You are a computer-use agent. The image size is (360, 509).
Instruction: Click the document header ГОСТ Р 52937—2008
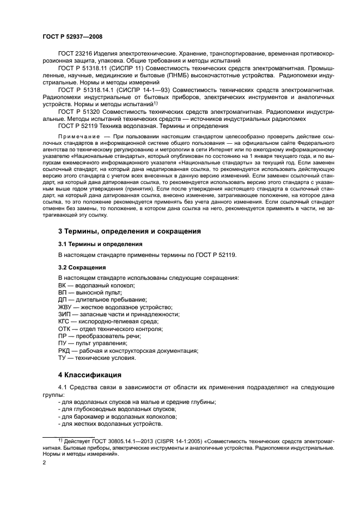(72, 36)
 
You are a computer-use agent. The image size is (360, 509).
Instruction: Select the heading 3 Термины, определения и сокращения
(130, 231)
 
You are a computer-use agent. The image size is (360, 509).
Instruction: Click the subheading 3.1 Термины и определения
(100, 244)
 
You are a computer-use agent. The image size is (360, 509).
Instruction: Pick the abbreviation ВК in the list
(63, 285)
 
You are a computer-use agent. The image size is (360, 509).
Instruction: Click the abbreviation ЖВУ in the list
(65, 307)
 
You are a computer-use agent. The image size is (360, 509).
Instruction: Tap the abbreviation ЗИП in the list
(64, 315)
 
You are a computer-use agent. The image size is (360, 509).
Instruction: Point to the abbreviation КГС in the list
(64, 322)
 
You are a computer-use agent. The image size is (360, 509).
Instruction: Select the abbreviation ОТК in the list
(64, 329)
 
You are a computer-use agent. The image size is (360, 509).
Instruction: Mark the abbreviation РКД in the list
(64, 351)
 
